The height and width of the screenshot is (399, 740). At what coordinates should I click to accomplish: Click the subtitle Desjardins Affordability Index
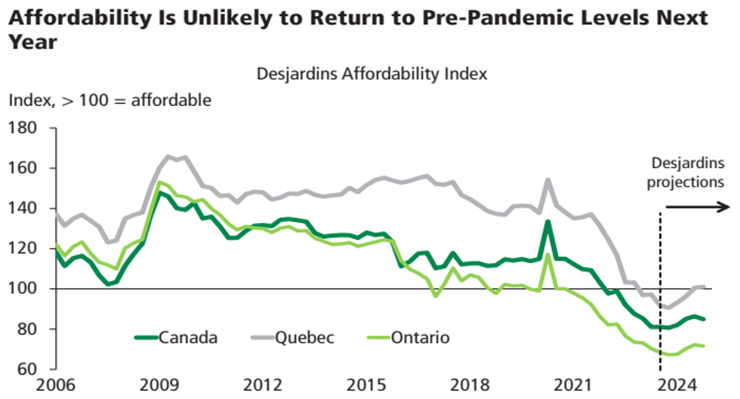click(372, 74)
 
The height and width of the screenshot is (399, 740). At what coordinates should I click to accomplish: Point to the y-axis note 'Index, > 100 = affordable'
click(109, 100)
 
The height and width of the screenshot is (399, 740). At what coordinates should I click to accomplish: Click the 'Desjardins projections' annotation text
click(687, 172)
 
